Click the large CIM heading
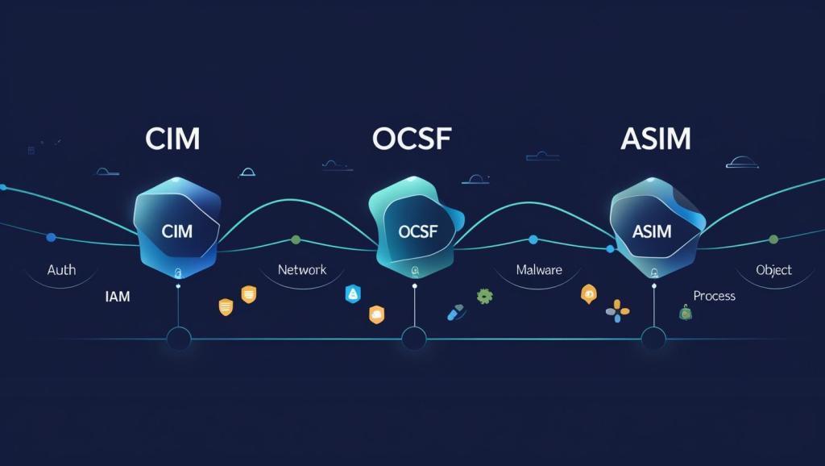click(x=172, y=138)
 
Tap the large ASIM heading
click(x=656, y=138)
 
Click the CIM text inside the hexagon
click(x=177, y=231)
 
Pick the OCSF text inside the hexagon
click(x=416, y=231)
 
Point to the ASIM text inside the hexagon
click(x=652, y=231)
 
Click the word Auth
click(x=61, y=269)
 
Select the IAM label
click(x=118, y=297)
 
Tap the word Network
click(x=302, y=269)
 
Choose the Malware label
click(x=538, y=269)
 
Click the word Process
click(x=714, y=296)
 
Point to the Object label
click(x=773, y=269)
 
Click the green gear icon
click(x=484, y=296)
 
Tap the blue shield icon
click(x=352, y=294)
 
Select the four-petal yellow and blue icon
click(x=617, y=310)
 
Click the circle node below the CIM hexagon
click(x=177, y=339)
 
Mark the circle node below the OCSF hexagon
click(x=413, y=339)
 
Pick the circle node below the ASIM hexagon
click(x=653, y=339)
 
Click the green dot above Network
click(x=296, y=239)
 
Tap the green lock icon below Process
click(x=686, y=313)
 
